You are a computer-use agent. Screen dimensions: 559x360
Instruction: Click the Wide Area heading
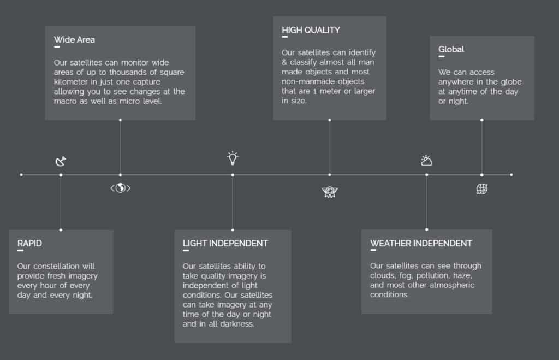coord(74,39)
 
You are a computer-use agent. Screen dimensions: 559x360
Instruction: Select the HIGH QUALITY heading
coord(311,30)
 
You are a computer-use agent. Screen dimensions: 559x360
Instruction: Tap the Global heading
coord(451,49)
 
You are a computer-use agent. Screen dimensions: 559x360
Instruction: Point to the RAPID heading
coord(29,243)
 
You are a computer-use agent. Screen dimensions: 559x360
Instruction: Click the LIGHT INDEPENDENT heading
coord(225,243)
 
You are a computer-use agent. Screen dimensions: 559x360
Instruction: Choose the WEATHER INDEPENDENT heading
coord(421,243)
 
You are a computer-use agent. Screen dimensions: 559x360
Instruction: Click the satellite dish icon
coord(61,161)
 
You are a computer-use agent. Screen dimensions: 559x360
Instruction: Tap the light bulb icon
coord(233,158)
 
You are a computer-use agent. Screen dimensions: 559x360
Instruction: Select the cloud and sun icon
coord(426,161)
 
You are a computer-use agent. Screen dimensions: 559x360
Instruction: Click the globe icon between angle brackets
coord(121,188)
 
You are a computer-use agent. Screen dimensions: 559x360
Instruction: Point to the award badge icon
coord(329,192)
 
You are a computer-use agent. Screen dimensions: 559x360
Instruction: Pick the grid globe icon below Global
coord(482,189)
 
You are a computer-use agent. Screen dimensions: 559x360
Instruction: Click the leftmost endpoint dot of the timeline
coord(21,175)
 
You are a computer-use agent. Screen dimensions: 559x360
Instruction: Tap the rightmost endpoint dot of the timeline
coord(511,175)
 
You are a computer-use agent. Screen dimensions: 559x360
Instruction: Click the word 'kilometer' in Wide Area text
coord(70,82)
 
